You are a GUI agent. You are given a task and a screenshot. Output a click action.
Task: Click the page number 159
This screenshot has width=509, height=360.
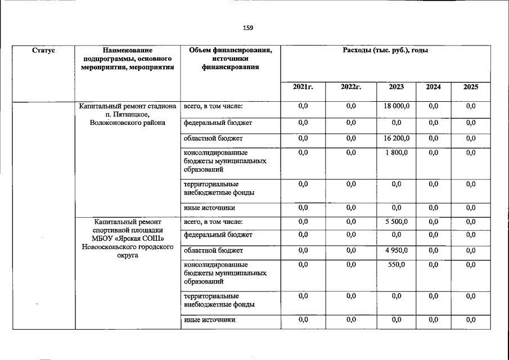coord(248,28)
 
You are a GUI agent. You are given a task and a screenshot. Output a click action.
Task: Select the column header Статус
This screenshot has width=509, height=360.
coord(43,51)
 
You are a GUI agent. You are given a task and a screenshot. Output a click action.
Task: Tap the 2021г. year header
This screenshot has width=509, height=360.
coord(303,87)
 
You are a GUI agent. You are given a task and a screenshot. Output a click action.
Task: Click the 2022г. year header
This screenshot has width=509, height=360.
coord(351,87)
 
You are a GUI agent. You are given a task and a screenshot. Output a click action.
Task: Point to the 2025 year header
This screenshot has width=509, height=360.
coord(471,87)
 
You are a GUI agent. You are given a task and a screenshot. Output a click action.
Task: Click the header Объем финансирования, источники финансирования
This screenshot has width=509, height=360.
coord(230,58)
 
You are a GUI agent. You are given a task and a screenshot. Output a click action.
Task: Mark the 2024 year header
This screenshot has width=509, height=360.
coord(433,87)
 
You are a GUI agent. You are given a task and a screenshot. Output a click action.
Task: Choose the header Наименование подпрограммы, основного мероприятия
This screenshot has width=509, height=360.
coord(127,58)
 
